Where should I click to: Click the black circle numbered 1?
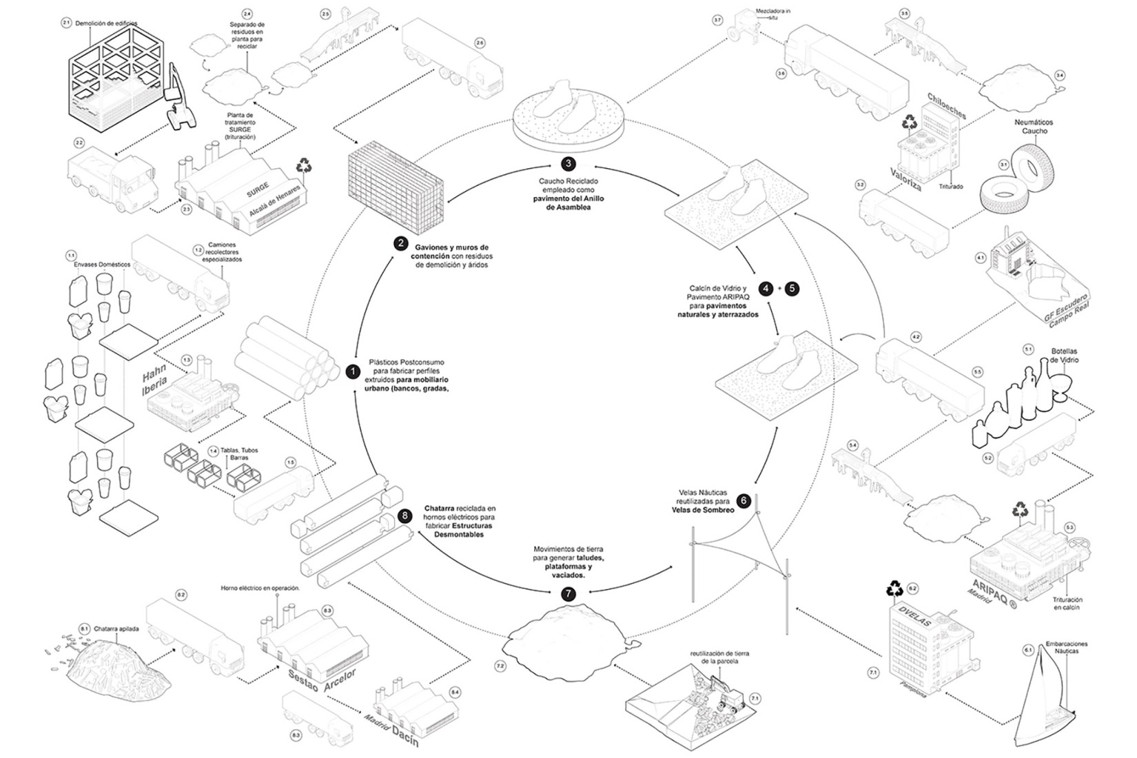click(x=353, y=372)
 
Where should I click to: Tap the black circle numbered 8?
click(x=404, y=515)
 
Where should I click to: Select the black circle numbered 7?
click(x=567, y=593)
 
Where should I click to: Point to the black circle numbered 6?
click(x=743, y=500)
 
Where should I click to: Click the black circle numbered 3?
click(x=568, y=163)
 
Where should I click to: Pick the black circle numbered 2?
click(x=400, y=243)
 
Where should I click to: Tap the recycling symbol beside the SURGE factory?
click(x=303, y=165)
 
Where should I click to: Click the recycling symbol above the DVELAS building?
click(x=895, y=587)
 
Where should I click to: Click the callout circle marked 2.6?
click(x=480, y=43)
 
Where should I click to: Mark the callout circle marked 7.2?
click(x=500, y=666)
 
